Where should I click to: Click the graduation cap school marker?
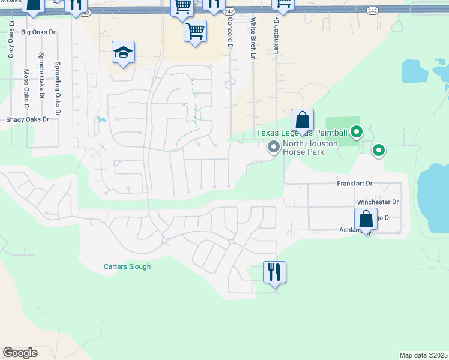[123, 53]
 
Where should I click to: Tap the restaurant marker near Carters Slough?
[274, 272]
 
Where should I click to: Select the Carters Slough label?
[127, 266]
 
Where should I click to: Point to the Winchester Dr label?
[378, 203]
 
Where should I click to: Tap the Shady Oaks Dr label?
[27, 119]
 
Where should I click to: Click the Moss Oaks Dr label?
[26, 90]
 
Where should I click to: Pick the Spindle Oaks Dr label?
[41, 74]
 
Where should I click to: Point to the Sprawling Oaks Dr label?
[58, 84]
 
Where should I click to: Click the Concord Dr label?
[229, 33]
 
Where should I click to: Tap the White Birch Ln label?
[253, 38]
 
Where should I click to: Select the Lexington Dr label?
[276, 35]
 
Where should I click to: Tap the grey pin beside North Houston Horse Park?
[274, 146]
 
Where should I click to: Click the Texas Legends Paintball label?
[302, 133]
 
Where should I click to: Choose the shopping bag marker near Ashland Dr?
[366, 220]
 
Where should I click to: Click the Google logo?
[20, 353]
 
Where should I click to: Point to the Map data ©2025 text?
[423, 355]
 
